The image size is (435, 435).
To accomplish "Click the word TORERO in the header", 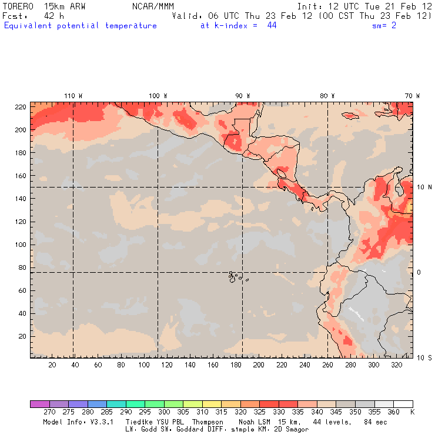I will pyautogui.click(x=17, y=6).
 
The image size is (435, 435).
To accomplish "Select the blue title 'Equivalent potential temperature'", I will pyautogui.click(x=81, y=26).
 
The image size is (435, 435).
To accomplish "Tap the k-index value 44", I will pyautogui.click(x=272, y=26).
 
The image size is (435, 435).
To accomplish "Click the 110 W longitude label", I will pyautogui.click(x=73, y=96).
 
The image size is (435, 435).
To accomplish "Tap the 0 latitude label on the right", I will pyautogui.click(x=419, y=272).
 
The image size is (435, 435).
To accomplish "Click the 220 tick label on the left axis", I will pyautogui.click(x=20, y=106).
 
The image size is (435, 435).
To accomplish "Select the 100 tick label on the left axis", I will pyautogui.click(x=20, y=244).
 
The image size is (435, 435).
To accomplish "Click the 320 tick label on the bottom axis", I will pyautogui.click(x=397, y=365).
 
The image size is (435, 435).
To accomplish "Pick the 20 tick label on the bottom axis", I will pyautogui.click(x=52, y=365).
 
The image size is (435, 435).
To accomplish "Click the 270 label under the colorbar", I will pyautogui.click(x=49, y=412).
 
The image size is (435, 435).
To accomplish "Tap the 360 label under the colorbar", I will pyautogui.click(x=393, y=412).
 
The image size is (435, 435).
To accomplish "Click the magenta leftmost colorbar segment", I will pyautogui.click(x=39, y=404).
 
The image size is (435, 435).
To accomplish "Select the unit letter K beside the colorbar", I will pyautogui.click(x=412, y=412).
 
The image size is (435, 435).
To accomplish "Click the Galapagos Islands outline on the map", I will pyautogui.click(x=235, y=276).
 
